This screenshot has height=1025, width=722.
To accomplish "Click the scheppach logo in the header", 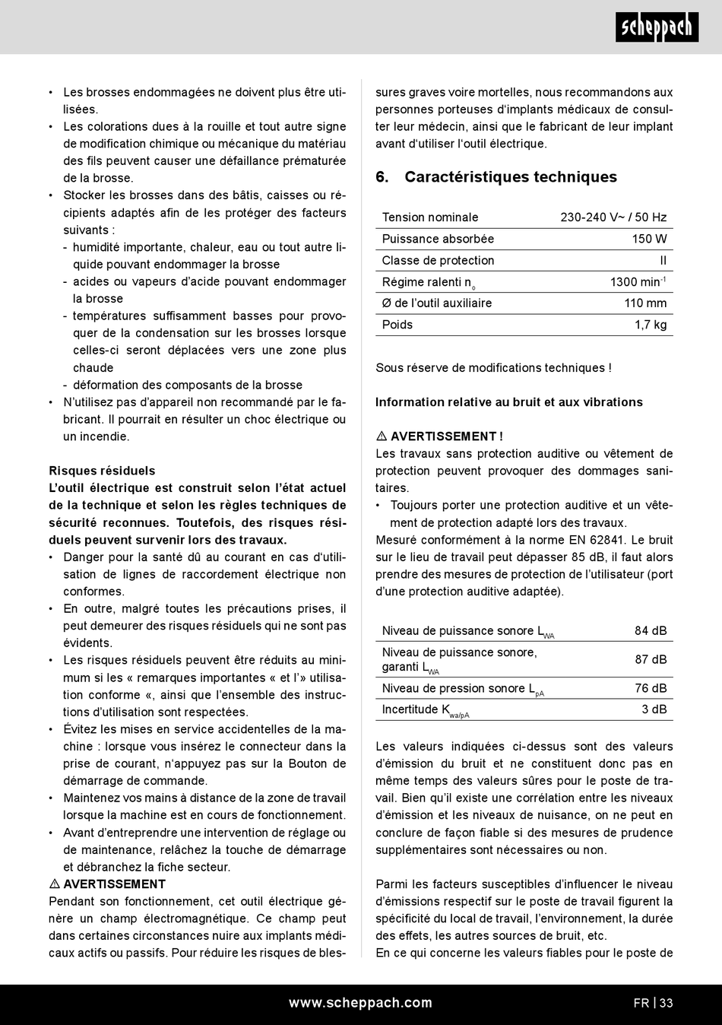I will [657, 27].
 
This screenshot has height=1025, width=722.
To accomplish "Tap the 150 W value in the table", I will [649, 239].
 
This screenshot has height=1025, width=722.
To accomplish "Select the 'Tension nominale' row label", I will [430, 217].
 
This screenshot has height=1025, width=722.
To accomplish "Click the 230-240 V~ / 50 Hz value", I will [613, 217].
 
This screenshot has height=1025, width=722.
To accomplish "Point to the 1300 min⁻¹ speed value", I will [638, 282].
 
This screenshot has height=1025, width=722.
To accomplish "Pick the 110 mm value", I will [645, 303].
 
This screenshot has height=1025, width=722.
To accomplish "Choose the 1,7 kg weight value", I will [651, 325].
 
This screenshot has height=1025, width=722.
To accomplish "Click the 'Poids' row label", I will [397, 325].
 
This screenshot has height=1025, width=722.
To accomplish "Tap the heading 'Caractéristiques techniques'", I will [510, 177].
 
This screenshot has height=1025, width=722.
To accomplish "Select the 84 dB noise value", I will [651, 630].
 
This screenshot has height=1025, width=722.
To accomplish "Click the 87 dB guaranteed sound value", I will [651, 659].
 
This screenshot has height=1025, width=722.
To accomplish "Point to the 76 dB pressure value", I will [651, 688].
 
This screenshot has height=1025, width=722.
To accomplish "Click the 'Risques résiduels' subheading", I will [102, 471].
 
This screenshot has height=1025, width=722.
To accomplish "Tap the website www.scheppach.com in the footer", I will [360, 1003].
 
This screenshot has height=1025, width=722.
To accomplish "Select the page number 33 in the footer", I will [666, 1003].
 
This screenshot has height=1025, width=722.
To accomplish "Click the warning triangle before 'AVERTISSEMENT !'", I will [382, 436].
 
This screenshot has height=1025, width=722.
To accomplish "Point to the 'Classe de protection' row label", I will [438, 260].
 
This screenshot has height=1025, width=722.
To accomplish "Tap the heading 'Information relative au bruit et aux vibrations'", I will [509, 402].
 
